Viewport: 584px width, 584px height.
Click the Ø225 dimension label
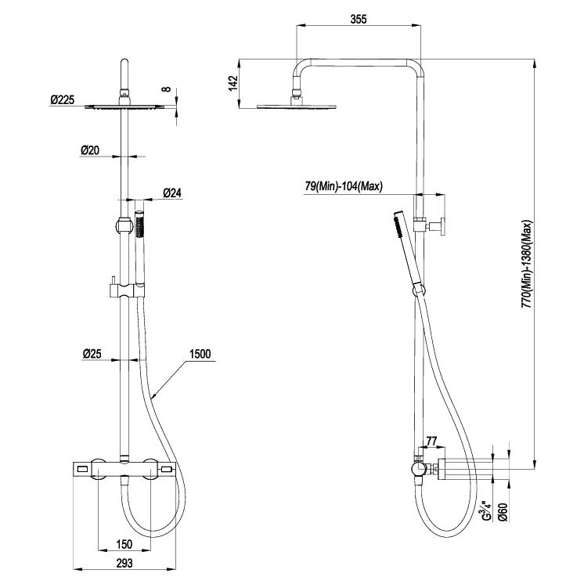pos(63,100)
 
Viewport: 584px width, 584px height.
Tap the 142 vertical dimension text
pos(233,82)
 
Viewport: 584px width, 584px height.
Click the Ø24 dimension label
pos(172,193)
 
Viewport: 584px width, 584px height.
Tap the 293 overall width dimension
pos(124,562)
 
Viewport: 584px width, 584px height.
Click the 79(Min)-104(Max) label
pos(343,186)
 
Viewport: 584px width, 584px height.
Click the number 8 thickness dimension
pos(165,88)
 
